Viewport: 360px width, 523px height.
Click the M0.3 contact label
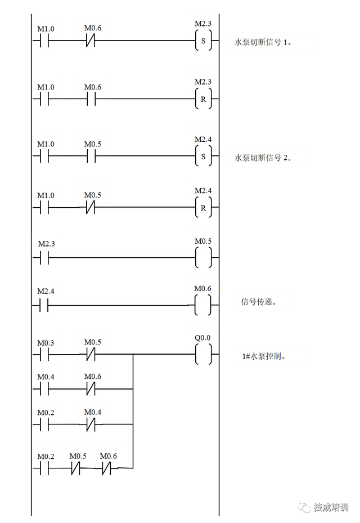46,343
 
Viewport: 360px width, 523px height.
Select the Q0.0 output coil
202,338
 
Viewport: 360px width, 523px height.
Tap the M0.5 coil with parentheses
203,242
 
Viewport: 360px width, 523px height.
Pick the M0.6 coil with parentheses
202,289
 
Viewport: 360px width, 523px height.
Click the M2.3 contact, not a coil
47,244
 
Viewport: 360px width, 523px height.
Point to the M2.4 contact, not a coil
46,292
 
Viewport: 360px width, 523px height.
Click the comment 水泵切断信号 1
270,42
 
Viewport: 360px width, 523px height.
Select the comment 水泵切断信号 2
266,158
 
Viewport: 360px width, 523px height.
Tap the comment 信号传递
262,302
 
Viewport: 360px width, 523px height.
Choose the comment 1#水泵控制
270,356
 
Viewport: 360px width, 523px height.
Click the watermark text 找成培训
331,506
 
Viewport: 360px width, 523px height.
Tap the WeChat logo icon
304,506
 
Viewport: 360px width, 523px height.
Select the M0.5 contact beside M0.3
93,342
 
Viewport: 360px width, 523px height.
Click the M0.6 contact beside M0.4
93,377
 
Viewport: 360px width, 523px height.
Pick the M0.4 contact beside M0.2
93,413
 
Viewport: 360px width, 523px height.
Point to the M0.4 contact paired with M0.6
46,377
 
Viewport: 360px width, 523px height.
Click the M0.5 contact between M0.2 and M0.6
78,456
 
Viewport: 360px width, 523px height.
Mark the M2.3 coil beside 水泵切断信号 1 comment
202,24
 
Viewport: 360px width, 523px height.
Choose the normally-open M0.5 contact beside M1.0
93,144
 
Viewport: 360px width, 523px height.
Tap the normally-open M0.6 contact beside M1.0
93,87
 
